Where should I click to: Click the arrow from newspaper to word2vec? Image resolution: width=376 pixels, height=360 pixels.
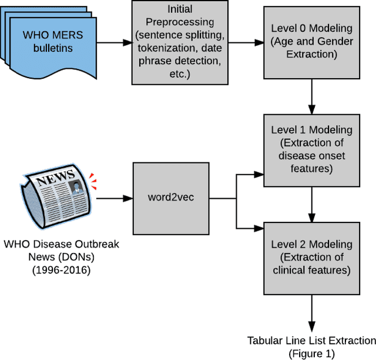point(115,198)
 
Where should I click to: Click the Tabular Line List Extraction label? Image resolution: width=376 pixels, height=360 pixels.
point(311,341)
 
